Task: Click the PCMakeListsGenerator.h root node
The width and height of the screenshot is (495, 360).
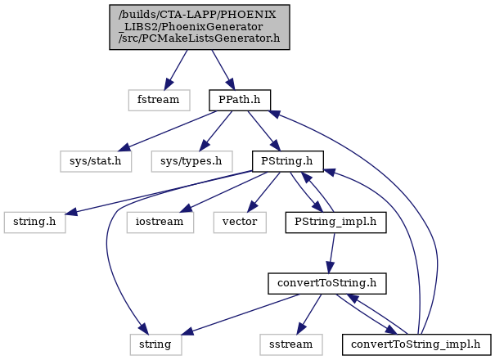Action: [x=200, y=27]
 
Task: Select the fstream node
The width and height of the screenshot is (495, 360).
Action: [x=159, y=100]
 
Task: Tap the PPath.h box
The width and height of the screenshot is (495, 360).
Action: [x=240, y=100]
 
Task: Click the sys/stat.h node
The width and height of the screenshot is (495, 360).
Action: [x=96, y=161]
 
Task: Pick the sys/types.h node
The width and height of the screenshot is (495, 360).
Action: [x=191, y=161]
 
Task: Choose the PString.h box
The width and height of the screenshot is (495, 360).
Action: [x=288, y=161]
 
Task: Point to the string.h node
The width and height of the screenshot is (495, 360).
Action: [x=34, y=223]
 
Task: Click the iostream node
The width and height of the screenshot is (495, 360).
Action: [x=160, y=223]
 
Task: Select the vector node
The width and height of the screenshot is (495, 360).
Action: [x=240, y=223]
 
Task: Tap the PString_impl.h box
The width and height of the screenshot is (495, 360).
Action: [x=335, y=223]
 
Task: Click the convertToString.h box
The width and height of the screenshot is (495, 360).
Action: [x=327, y=283]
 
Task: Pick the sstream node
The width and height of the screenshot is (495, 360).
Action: [x=291, y=344]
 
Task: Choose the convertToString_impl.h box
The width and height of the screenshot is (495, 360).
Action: [x=416, y=344]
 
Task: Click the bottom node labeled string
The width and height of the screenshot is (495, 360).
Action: [x=155, y=344]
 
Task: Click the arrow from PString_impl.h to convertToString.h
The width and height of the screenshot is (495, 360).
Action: [x=332, y=253]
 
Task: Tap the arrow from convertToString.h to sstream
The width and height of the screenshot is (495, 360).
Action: [x=309, y=314]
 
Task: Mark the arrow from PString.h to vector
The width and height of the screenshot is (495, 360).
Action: [x=263, y=192]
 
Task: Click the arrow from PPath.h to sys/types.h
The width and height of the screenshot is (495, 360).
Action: [x=216, y=131]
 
